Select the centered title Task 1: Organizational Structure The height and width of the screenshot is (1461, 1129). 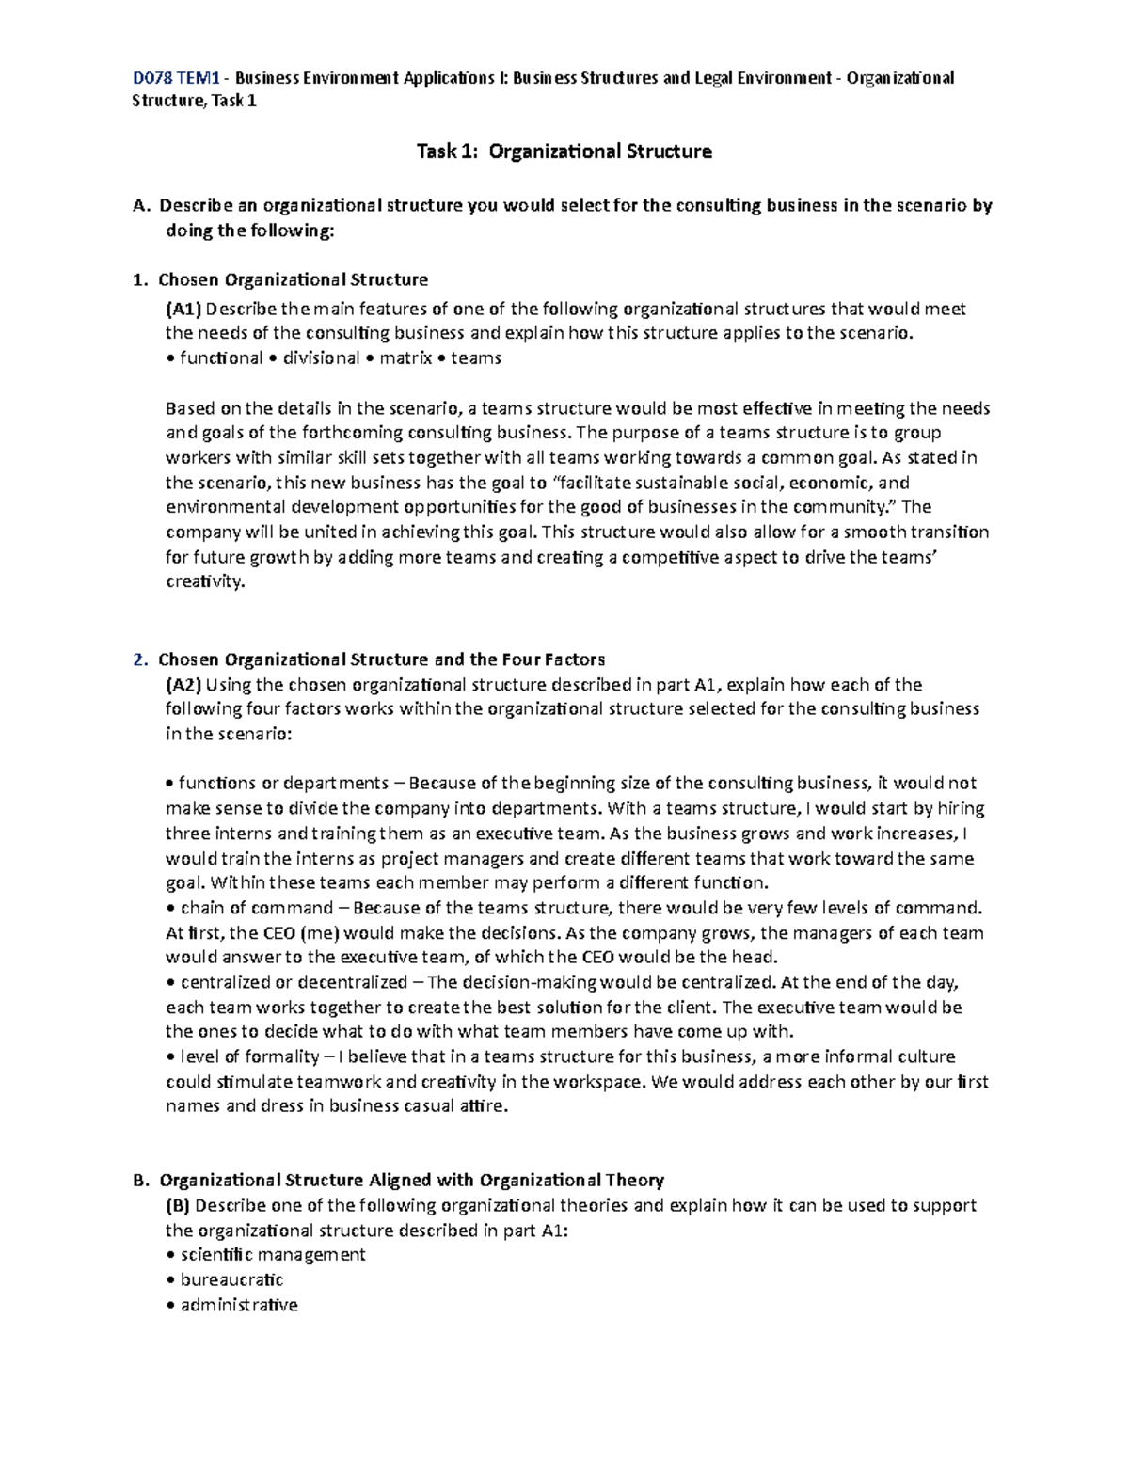point(564,151)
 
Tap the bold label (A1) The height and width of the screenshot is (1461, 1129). point(183,309)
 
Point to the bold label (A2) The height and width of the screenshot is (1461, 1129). point(183,685)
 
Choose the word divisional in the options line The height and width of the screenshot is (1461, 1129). point(321,358)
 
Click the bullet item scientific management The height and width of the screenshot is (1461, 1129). point(272,1255)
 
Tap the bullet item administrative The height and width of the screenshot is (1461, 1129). point(239,1306)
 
